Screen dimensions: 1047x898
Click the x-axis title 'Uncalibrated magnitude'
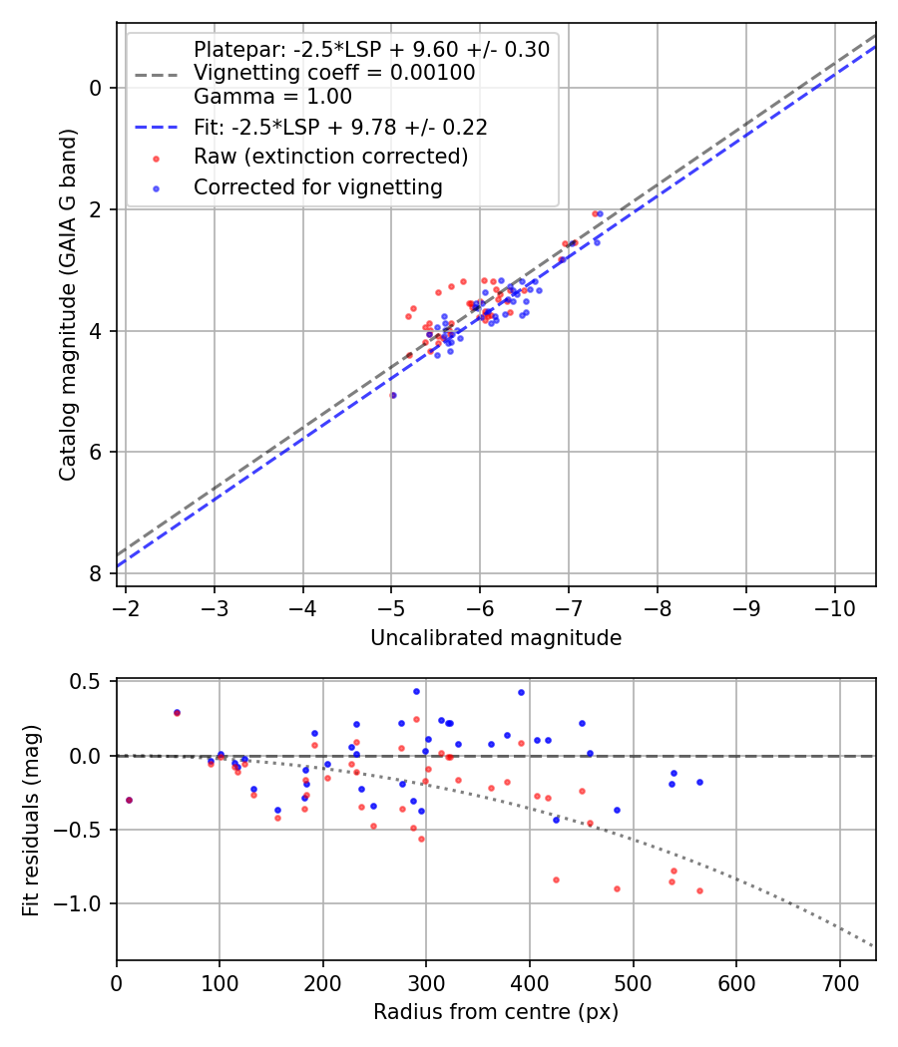click(x=496, y=638)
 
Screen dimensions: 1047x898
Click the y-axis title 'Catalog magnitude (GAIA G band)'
click(x=67, y=303)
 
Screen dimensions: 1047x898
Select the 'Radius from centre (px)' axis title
click(x=496, y=1012)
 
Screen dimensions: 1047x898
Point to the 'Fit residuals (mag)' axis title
click(x=31, y=820)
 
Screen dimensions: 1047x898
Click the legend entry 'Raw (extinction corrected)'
click(x=330, y=157)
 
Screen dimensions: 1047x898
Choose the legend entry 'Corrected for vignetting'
click(x=317, y=186)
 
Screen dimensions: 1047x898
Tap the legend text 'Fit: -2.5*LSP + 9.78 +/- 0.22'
click(x=340, y=127)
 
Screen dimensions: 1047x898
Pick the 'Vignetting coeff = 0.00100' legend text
click(x=334, y=73)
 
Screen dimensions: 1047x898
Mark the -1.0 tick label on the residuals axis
click(x=84, y=903)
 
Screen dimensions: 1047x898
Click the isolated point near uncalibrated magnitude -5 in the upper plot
click(x=393, y=395)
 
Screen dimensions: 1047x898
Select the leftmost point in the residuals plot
click(x=129, y=800)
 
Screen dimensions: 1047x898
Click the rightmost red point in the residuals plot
click(x=699, y=890)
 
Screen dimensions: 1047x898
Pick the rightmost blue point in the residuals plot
click(x=699, y=782)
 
